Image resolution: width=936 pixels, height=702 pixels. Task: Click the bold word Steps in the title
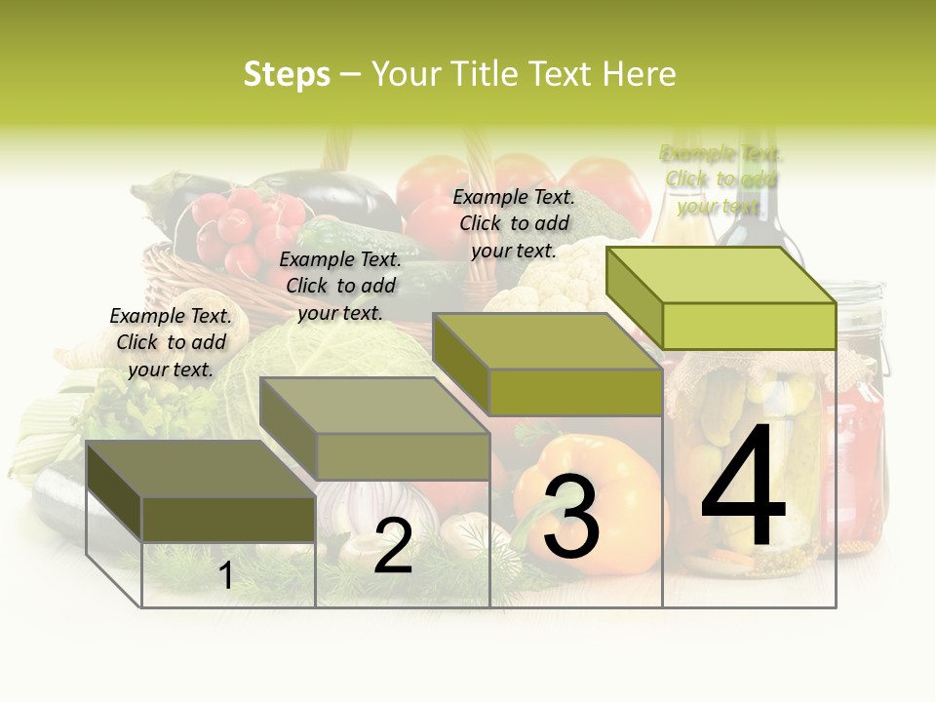287,75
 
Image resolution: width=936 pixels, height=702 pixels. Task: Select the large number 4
743,487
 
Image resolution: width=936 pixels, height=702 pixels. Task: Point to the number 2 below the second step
393,547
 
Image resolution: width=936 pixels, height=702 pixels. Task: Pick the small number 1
226,575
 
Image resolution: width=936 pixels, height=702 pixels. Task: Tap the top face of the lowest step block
200,469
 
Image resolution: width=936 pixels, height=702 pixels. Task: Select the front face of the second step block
403,456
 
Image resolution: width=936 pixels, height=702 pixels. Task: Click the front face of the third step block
575,392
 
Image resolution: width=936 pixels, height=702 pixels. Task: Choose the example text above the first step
171,342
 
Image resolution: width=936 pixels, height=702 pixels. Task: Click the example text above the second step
340,286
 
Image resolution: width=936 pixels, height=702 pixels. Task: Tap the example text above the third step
514,223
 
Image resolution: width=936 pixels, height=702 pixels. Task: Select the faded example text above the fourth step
721,179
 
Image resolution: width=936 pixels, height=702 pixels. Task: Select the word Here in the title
640,74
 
